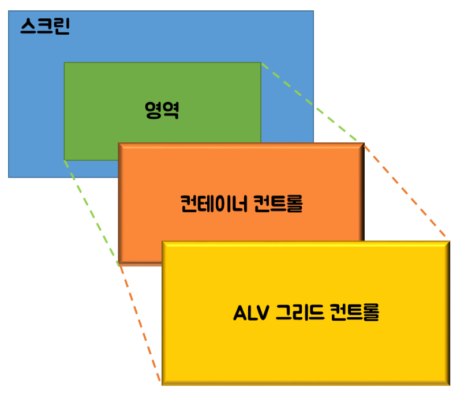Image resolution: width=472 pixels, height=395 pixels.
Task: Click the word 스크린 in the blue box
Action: pyautogui.click(x=44, y=27)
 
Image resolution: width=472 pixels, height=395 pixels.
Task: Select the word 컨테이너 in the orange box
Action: pyautogui.click(x=213, y=204)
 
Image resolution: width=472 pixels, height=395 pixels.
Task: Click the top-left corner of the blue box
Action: pyautogui.click(x=9, y=11)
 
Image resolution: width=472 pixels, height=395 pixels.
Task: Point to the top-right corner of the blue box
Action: pyautogui.click(x=313, y=11)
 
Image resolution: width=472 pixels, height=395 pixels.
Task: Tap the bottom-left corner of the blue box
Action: pyautogui.click(x=9, y=177)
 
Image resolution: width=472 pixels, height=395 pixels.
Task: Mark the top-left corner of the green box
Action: pyautogui.click(x=64, y=62)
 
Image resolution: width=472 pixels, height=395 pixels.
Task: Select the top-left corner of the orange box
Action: pyautogui.click(x=119, y=144)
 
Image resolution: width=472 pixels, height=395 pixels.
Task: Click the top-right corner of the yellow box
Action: pyautogui.click(x=449, y=242)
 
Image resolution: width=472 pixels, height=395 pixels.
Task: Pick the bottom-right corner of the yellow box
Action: pyautogui.click(x=449, y=385)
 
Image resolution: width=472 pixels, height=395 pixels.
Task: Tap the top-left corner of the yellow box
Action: pyautogui.click(x=162, y=242)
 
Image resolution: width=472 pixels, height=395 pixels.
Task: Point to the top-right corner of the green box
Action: pyautogui.click(x=261, y=62)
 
